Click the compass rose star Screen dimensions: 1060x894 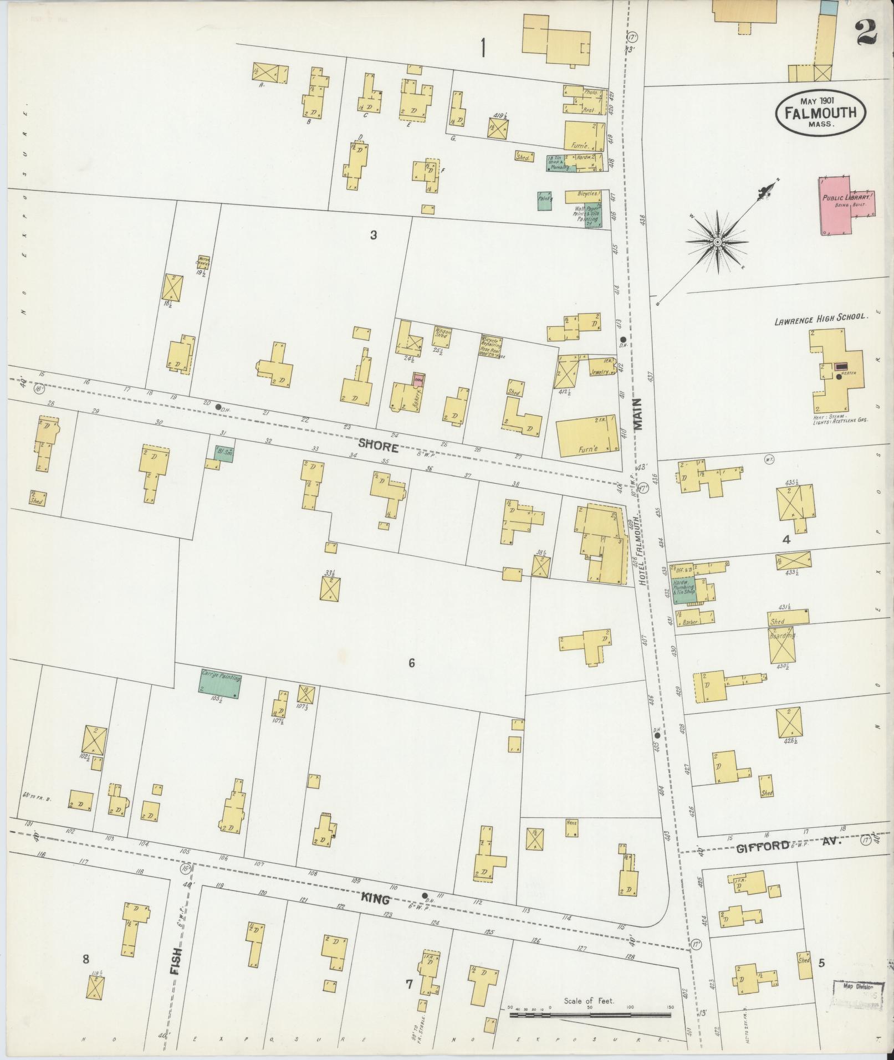pos(717,242)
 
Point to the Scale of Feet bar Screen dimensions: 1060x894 pos(590,1015)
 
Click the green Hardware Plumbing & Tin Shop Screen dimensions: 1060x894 pos(683,590)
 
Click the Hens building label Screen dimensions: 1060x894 pos(571,822)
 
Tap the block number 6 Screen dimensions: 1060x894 pos(412,663)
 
